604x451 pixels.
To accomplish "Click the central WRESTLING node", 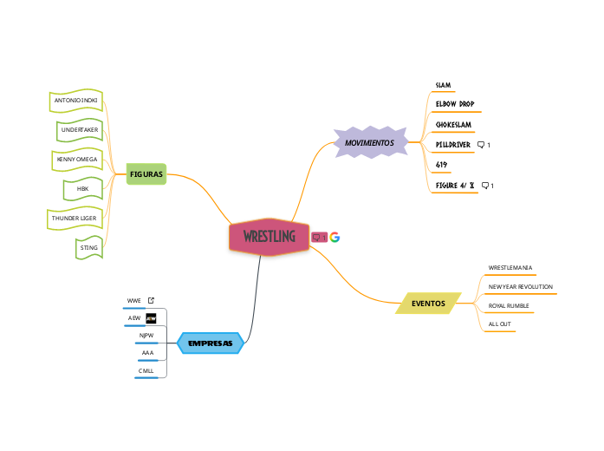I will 269,237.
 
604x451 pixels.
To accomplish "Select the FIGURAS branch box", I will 146,174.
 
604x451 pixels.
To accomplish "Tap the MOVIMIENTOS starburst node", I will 369,142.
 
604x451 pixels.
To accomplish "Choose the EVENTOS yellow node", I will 428,304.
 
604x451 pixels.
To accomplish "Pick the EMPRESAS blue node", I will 211,343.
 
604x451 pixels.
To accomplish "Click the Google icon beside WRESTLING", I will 334,238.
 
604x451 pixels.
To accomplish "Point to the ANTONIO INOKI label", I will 76,101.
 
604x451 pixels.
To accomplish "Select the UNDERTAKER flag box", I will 80,130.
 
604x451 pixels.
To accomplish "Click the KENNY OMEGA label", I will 77,160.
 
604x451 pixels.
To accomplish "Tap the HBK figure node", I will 83,188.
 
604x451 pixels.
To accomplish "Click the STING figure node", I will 88,248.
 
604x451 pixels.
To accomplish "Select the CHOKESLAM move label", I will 453,125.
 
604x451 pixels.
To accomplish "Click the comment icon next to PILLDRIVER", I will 482,145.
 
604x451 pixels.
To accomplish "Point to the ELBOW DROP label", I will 454,104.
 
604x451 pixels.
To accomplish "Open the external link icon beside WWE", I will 151,301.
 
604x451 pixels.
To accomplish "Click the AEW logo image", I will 151,318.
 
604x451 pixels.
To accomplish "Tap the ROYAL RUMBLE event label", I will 509,305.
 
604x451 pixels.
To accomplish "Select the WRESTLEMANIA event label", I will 510,267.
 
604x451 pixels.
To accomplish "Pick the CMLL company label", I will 146,371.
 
